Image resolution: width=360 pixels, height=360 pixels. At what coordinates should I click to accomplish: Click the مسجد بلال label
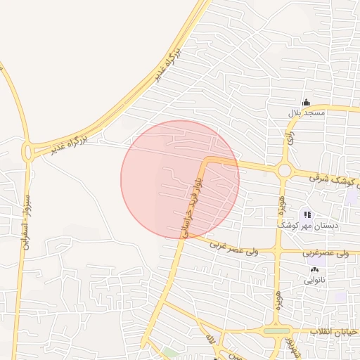pyautogui.click(x=306, y=112)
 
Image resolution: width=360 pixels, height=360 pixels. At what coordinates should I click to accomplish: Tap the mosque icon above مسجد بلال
pyautogui.click(x=305, y=103)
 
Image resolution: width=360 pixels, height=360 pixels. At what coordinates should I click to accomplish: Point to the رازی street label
pyautogui.click(x=290, y=136)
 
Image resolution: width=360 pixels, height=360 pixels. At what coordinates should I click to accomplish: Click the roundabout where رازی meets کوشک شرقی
pyautogui.click(x=284, y=170)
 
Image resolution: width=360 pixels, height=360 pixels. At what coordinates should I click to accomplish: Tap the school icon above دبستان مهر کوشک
pyautogui.click(x=307, y=214)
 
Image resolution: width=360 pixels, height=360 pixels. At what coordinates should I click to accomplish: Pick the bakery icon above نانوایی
pyautogui.click(x=314, y=269)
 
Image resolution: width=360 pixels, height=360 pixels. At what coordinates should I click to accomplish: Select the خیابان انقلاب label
pyautogui.click(x=336, y=331)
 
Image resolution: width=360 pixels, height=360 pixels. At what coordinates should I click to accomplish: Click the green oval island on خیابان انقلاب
pyautogui.click(x=276, y=330)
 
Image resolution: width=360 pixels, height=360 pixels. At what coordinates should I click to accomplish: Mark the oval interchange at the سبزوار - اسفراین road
pyautogui.click(x=28, y=151)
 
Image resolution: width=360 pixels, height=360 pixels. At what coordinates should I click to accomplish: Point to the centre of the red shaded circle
pyautogui.click(x=180, y=179)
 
